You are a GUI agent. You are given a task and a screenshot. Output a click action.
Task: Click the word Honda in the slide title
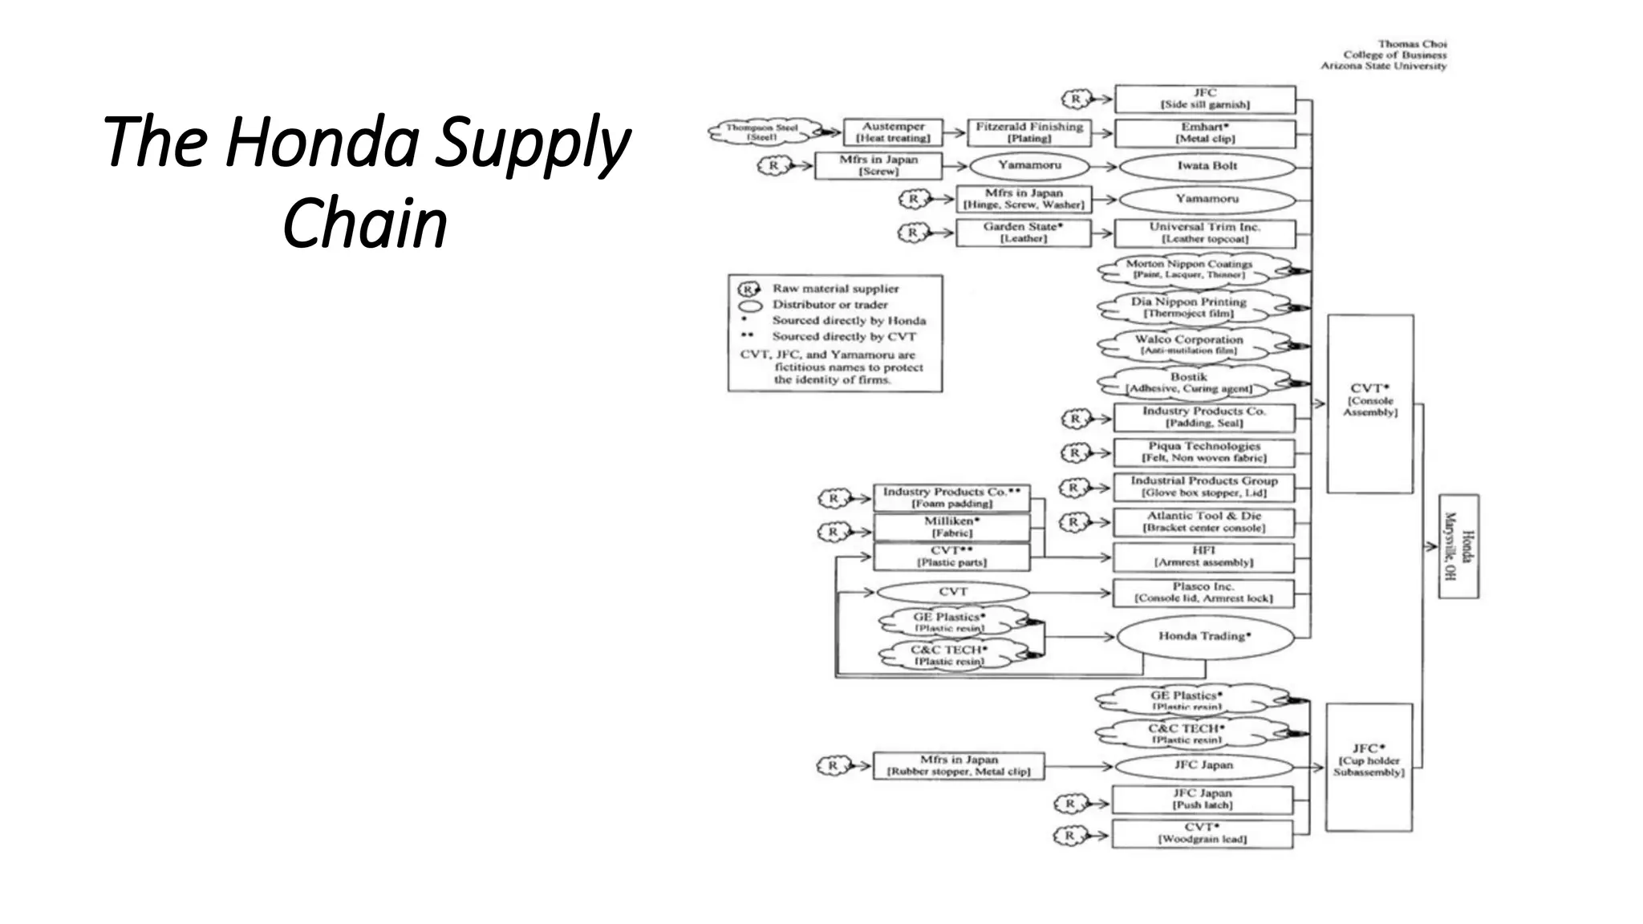[x=322, y=142]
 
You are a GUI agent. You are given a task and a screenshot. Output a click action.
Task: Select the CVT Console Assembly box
[x=1369, y=403]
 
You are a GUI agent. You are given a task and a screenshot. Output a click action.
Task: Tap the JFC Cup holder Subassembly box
[x=1368, y=766]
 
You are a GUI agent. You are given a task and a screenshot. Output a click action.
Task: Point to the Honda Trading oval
[x=1204, y=637]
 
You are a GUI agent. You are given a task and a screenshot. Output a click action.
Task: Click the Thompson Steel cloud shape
[x=763, y=132]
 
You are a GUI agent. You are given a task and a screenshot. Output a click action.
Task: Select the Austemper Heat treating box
[x=892, y=132]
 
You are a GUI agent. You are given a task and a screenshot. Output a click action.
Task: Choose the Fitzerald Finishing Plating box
[x=1028, y=132]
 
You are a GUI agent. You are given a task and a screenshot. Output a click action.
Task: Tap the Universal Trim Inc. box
[x=1204, y=233]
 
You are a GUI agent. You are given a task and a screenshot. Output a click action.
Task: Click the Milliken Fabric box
[x=951, y=527]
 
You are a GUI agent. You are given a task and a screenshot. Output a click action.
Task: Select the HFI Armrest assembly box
[x=1203, y=557]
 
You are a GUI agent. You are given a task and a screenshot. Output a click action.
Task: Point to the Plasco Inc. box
[x=1203, y=593]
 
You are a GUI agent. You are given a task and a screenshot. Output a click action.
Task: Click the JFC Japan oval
[x=1203, y=765]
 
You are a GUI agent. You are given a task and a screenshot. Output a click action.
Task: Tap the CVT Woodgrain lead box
[x=1201, y=833]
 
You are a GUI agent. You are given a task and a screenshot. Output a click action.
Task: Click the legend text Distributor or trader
[x=830, y=305]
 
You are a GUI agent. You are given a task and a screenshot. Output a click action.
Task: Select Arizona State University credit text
[x=1383, y=66]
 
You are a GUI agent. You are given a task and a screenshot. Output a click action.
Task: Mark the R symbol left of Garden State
[x=913, y=233]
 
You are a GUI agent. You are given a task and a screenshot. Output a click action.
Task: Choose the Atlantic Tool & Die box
[x=1203, y=522]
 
